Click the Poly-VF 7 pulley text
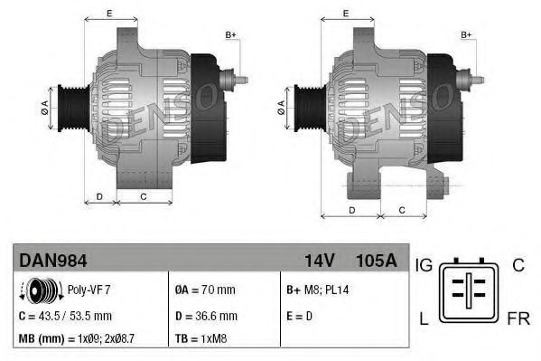point(90,291)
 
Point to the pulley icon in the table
point(42,291)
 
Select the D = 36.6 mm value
point(205,316)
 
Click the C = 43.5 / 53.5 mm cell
point(65,316)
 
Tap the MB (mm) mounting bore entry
point(76,339)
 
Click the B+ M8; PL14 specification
point(318,291)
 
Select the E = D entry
point(299,316)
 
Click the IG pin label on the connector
point(424,266)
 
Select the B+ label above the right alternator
point(467,34)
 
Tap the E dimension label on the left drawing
point(109,13)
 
